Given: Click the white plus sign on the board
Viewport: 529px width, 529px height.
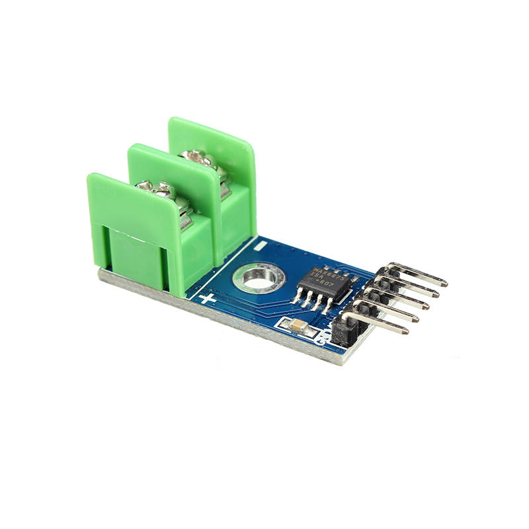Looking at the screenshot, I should coord(208,298).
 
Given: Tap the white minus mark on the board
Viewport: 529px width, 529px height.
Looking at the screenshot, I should coord(263,246).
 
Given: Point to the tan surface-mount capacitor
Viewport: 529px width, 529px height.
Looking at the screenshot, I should coord(298,325).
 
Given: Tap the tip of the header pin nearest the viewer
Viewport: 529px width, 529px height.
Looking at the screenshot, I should coord(404,328).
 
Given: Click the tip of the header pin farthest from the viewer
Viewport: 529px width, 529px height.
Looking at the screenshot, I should coord(444,283).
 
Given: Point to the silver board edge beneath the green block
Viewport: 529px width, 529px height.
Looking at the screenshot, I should coord(132,280).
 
